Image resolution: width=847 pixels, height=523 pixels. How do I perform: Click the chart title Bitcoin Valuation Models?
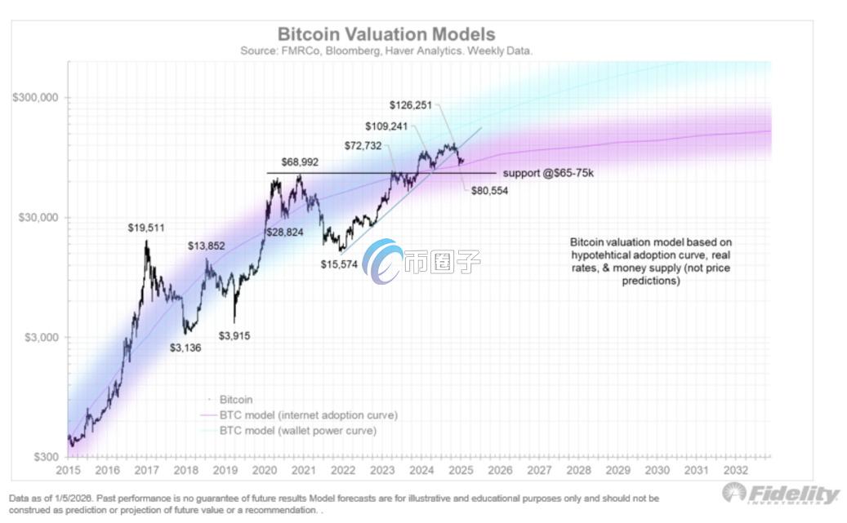(x=386, y=34)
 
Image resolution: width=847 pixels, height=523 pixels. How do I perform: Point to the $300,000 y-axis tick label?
(x=35, y=97)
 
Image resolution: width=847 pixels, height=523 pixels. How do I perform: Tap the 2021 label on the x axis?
(x=303, y=472)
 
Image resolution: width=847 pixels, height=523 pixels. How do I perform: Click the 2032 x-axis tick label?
(x=733, y=472)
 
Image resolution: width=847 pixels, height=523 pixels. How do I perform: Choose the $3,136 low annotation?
(x=185, y=348)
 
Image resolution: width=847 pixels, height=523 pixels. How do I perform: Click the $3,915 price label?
(x=234, y=335)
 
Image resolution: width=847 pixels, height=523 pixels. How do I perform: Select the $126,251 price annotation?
(x=414, y=104)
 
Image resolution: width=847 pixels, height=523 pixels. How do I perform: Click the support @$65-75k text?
(x=546, y=174)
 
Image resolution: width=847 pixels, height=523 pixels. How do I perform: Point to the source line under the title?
(x=386, y=51)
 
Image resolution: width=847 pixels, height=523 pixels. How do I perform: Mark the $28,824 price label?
(x=287, y=233)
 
